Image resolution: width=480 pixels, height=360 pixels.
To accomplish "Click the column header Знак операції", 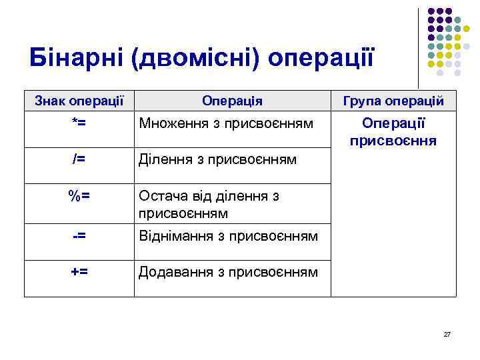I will pyautogui.click(x=79, y=101).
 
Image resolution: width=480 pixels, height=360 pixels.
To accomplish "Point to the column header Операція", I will pyautogui.click(x=232, y=101).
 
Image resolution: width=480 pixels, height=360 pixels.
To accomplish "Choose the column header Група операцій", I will pyautogui.click(x=393, y=101).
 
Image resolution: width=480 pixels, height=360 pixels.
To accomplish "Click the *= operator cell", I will pyautogui.click(x=79, y=123).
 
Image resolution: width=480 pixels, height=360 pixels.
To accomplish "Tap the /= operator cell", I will pyautogui.click(x=79, y=159).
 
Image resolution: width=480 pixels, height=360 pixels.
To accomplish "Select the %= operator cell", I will pyautogui.click(x=79, y=196).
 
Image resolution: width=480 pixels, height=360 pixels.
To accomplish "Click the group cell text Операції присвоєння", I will pyautogui.click(x=393, y=132).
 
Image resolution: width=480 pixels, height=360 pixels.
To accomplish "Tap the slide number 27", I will pyautogui.click(x=447, y=333).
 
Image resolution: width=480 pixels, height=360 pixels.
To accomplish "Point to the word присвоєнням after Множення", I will pyautogui.click(x=266, y=123).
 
